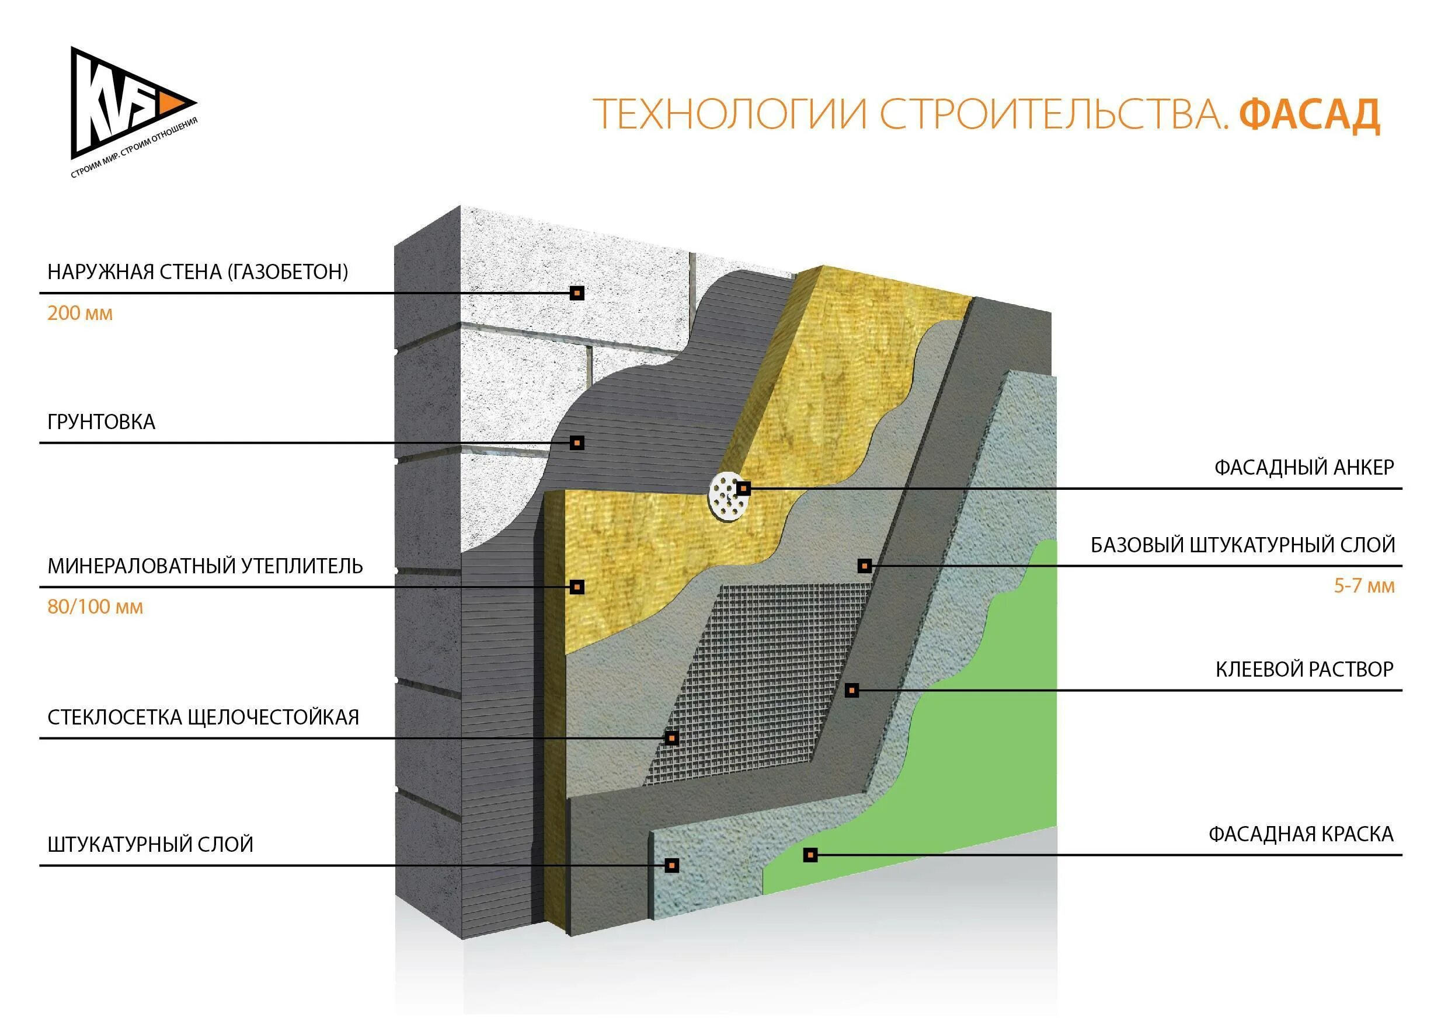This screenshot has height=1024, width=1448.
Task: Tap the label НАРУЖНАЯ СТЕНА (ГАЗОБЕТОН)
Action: pos(197,272)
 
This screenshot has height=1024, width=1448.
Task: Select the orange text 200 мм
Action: pos(80,314)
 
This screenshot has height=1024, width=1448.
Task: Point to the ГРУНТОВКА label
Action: pos(101,422)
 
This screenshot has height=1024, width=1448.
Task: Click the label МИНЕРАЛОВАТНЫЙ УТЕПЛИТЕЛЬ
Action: pos(205,566)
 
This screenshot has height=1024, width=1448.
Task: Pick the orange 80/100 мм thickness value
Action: pos(95,607)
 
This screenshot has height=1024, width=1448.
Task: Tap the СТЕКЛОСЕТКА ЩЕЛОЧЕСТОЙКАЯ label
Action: pos(203,717)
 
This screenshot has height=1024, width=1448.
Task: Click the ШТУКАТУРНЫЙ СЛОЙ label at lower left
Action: pos(150,844)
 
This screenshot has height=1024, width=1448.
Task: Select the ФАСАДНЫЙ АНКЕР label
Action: pos(1304,467)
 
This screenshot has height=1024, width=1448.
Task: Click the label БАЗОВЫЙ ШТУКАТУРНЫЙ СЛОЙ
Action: pos(1242,545)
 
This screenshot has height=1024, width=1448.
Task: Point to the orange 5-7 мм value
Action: pos(1363,586)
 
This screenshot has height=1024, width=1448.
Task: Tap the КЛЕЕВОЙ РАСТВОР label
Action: pos(1304,669)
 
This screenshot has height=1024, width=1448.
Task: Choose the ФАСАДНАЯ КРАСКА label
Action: pos(1300,834)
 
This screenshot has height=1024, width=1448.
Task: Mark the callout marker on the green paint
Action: pos(810,855)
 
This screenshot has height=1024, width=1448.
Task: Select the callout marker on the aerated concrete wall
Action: pos(576,293)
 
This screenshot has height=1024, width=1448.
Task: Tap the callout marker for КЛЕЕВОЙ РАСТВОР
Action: pos(851,691)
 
